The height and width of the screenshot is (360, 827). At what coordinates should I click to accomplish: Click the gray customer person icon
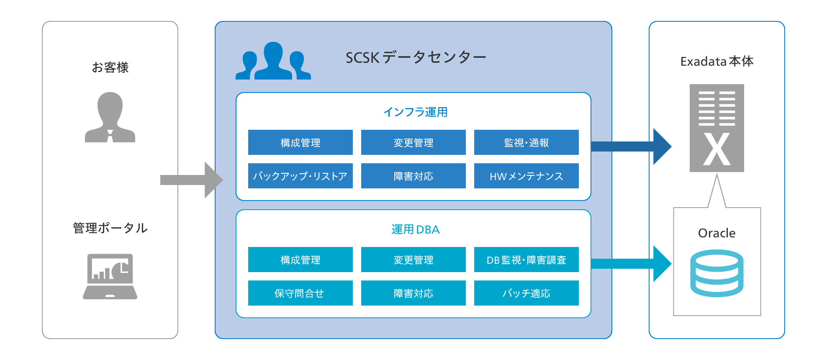click(110, 118)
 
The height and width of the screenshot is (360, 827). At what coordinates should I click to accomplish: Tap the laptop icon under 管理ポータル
click(110, 276)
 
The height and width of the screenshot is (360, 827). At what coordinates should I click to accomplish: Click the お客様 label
click(110, 67)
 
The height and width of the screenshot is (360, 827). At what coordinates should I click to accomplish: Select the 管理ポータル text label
click(110, 228)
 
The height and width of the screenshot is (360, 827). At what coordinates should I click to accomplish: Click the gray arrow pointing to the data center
click(192, 180)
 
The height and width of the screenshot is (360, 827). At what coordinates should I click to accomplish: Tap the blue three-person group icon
click(273, 61)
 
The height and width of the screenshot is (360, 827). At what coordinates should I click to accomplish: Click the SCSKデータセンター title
click(416, 57)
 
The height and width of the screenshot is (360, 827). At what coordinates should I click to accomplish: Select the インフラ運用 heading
click(415, 112)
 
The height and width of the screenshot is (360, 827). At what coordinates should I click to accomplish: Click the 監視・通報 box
click(526, 142)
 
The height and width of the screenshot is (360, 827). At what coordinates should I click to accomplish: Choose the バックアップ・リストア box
click(300, 176)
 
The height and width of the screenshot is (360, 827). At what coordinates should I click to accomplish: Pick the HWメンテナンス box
click(526, 176)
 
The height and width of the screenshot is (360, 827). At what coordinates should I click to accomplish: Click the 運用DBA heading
click(415, 229)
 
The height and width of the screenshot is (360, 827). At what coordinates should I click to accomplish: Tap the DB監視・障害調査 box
click(526, 260)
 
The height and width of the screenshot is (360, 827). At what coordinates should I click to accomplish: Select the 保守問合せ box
click(300, 293)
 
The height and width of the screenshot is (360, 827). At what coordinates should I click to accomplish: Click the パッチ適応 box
click(526, 293)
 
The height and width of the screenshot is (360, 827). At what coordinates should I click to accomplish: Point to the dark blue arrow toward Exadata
click(631, 147)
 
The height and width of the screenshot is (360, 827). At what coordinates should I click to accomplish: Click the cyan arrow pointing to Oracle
click(631, 264)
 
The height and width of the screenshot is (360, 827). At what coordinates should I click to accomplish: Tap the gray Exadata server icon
click(717, 128)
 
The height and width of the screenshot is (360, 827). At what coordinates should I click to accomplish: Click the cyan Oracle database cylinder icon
click(717, 273)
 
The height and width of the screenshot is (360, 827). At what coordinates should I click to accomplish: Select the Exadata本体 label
click(717, 62)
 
